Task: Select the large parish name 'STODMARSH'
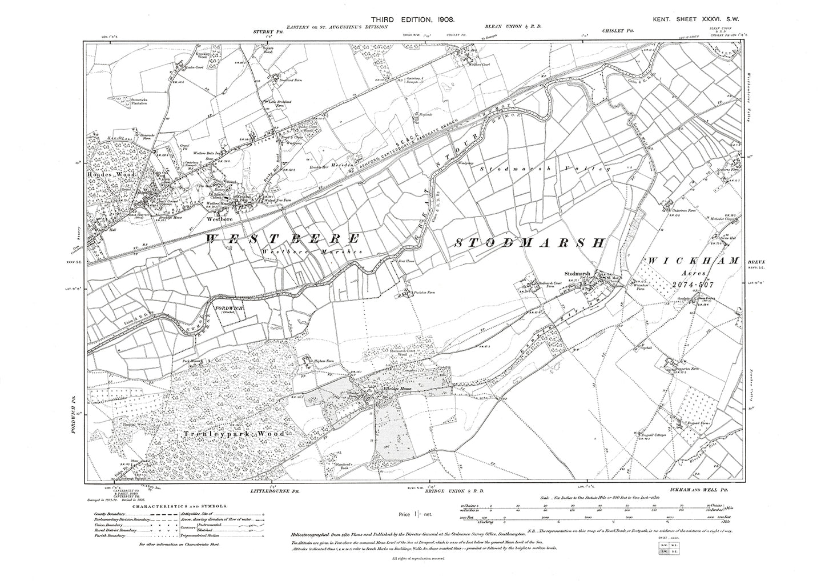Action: [x=529, y=243]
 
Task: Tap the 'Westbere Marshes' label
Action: [x=292, y=252]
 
